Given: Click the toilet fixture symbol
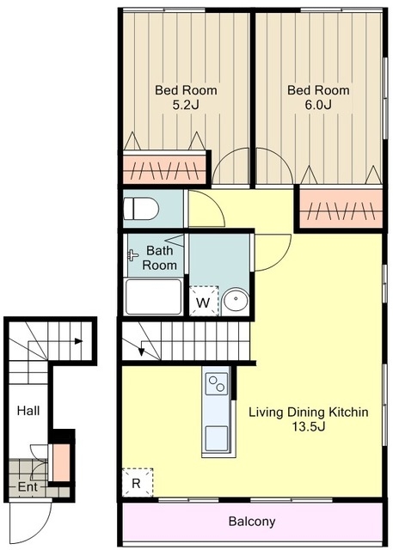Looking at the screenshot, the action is coord(141,209).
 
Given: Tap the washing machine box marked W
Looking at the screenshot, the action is coord(204,301).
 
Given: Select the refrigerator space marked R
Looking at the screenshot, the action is coord(138,482).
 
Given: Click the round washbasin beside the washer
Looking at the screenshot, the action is coord(236,299).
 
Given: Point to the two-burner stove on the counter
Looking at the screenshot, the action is coord(217,383).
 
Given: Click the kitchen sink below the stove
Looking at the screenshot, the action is coord(217,438).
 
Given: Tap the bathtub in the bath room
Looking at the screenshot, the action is coord(154,297).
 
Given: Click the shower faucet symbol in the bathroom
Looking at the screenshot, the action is coord(132,255).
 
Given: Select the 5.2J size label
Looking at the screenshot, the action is coord(186,105).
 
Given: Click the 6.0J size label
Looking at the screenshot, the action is coord(318,105).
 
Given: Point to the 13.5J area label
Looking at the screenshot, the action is coord(309,426).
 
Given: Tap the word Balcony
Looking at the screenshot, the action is coord(252,522).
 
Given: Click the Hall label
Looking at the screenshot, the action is coord(28,411).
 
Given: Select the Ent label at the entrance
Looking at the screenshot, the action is coord(28,487).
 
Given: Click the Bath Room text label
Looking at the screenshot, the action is coord(159,258).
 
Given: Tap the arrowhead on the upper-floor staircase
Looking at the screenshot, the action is coord(141,351).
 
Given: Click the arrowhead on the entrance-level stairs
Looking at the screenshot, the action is coord(78,341).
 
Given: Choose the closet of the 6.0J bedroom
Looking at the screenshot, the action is coord(341,209).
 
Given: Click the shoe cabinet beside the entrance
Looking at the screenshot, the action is coord(61,462).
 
